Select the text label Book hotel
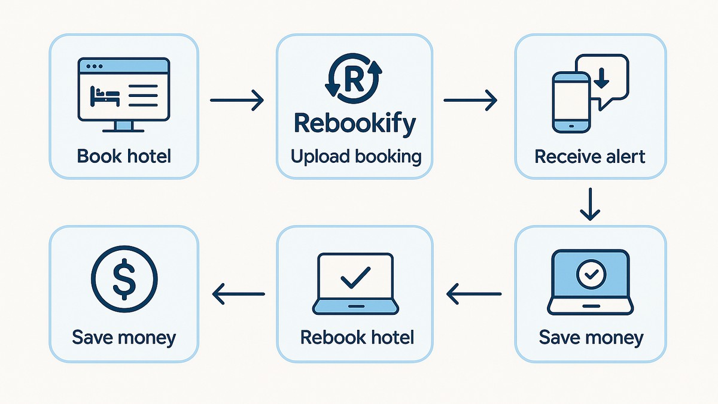click(124, 156)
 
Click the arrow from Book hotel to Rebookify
click(237, 99)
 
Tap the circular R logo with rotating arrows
click(353, 78)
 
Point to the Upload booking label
click(355, 157)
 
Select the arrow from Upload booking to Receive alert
click(470, 99)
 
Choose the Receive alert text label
click(590, 156)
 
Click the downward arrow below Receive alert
click(591, 204)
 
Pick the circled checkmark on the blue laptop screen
click(590, 274)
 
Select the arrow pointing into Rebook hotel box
click(474, 293)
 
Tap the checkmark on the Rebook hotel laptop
click(355, 278)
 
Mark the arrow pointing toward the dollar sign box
click(239, 293)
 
